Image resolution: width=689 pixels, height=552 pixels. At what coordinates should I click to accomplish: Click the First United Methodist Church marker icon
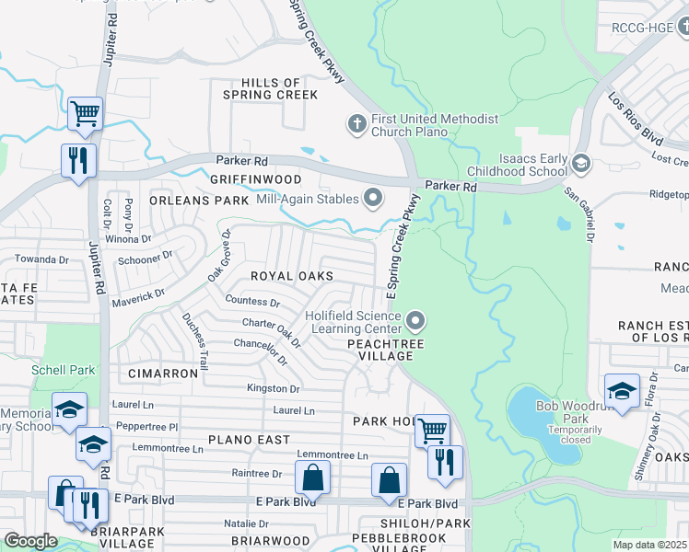(x=356, y=122)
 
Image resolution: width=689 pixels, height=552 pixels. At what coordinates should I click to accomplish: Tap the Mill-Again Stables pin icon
(x=373, y=197)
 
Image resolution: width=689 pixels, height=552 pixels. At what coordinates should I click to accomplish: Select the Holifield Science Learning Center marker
(x=415, y=321)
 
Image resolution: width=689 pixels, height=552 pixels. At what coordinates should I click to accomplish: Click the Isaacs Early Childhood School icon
(x=580, y=164)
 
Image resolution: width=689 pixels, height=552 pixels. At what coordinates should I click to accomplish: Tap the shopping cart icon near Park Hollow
(x=431, y=430)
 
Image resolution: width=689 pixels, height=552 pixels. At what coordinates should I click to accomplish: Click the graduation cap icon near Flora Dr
(x=622, y=390)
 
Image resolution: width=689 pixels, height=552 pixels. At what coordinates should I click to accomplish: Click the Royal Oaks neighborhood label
(x=293, y=276)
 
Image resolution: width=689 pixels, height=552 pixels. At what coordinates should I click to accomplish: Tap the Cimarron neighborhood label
(x=163, y=374)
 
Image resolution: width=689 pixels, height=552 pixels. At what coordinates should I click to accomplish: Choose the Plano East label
(x=248, y=441)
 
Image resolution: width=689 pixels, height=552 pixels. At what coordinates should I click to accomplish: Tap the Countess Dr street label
(x=251, y=301)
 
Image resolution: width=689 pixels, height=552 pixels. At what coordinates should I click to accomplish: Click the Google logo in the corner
(x=30, y=541)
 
